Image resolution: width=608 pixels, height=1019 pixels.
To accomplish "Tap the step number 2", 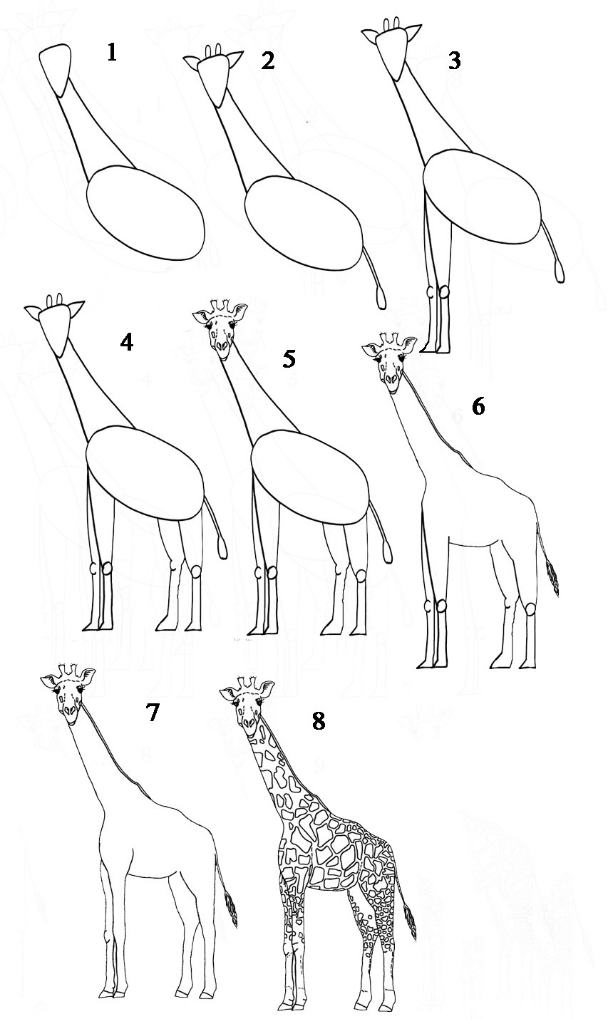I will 267,61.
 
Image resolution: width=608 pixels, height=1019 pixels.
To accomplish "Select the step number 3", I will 453,61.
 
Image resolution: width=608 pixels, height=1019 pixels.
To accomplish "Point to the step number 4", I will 127,343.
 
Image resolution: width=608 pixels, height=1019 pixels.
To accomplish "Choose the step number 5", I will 289,358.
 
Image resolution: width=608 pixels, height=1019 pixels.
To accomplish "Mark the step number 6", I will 478,407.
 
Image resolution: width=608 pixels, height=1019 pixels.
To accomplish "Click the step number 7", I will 152,713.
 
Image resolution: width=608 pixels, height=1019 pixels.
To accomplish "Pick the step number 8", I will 318,721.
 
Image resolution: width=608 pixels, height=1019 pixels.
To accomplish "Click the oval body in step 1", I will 145,214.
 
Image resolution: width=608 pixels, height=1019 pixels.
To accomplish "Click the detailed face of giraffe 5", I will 221,331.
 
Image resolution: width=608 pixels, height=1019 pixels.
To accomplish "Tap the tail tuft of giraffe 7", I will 231,909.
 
